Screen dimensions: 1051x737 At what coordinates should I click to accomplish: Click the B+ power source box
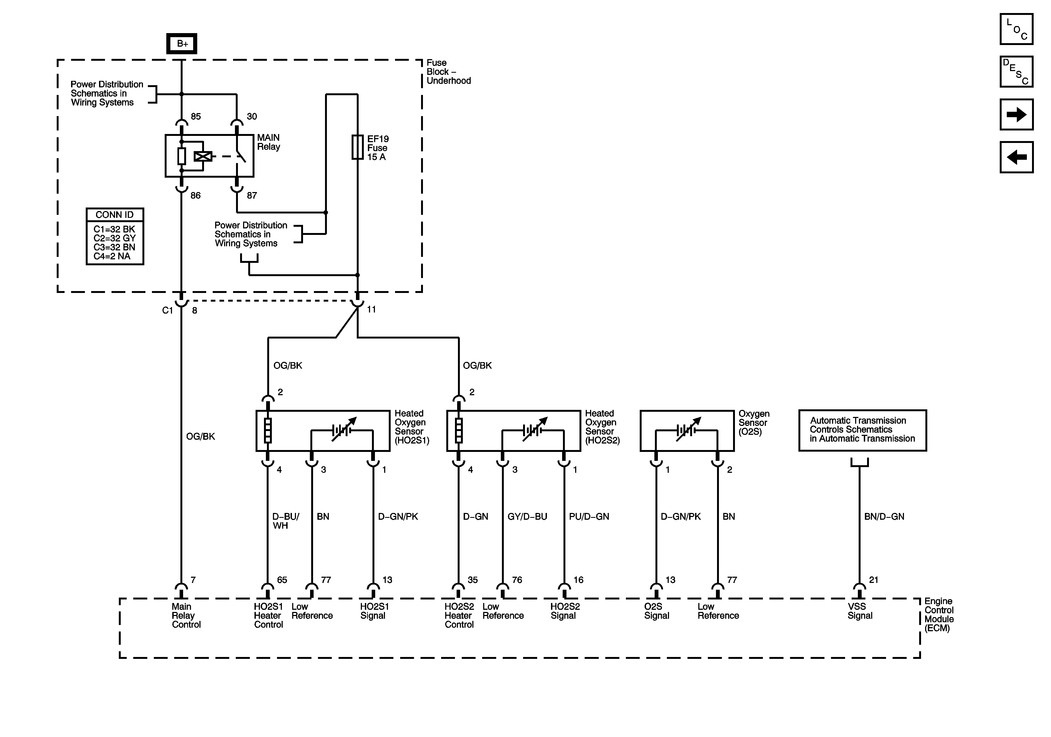click(x=182, y=43)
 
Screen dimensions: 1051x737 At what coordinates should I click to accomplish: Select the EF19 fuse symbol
click(x=358, y=147)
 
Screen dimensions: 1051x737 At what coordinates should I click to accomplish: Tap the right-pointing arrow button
click(x=1017, y=114)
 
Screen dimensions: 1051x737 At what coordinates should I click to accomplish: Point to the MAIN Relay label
click(x=269, y=142)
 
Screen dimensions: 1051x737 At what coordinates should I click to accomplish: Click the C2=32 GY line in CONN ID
click(x=114, y=238)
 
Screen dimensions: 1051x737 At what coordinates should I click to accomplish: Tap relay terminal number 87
click(x=252, y=196)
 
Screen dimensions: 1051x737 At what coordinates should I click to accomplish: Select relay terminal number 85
click(x=196, y=117)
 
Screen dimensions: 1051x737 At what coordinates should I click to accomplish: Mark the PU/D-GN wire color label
click(x=589, y=516)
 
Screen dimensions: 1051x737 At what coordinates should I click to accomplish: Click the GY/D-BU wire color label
click(x=527, y=516)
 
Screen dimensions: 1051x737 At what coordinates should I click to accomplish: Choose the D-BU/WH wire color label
click(x=286, y=521)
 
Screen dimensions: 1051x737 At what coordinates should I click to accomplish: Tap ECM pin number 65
click(x=282, y=580)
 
